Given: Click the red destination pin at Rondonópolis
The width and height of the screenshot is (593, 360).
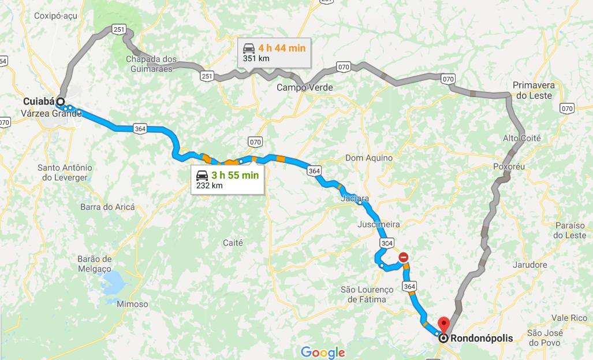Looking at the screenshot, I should click(x=443, y=324).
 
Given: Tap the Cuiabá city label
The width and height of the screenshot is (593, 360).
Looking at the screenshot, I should click(x=39, y=102).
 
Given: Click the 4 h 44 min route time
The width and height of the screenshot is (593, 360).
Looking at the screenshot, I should click(x=282, y=48).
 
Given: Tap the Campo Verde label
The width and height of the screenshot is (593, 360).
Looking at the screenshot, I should click(x=304, y=88).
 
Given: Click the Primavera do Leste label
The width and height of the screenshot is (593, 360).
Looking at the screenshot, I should click(x=533, y=90).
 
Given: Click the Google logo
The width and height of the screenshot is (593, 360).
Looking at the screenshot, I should click(x=323, y=352).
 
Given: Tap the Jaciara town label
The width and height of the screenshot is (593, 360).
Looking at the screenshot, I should click(x=355, y=199).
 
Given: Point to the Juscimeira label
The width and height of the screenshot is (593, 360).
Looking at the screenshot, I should click(x=378, y=224).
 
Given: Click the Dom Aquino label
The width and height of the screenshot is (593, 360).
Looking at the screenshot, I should click(x=368, y=158).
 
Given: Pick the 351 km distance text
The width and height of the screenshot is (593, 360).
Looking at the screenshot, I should click(x=256, y=58).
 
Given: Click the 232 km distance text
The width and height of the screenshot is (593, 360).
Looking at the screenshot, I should click(x=209, y=185).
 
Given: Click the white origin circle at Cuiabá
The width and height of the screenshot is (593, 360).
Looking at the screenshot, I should click(x=60, y=102).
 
